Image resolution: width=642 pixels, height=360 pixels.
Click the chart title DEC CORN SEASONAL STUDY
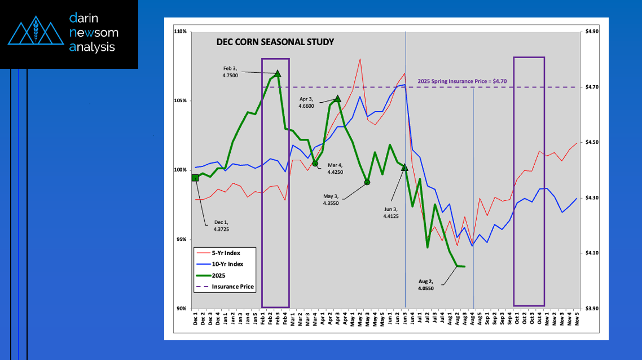(x=275, y=42)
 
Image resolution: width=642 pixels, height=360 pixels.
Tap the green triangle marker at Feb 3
(x=278, y=74)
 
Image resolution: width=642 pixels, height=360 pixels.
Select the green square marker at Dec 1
(x=195, y=178)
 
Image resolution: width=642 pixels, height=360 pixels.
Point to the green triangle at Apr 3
(x=337, y=99)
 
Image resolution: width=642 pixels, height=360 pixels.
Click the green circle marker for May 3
(x=367, y=182)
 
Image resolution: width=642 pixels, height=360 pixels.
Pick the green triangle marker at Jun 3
(x=404, y=168)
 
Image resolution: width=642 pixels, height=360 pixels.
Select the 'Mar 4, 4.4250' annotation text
(x=331, y=168)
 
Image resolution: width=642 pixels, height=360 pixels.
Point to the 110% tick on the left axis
(x=181, y=32)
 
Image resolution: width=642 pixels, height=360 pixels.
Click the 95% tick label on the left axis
(x=182, y=239)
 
